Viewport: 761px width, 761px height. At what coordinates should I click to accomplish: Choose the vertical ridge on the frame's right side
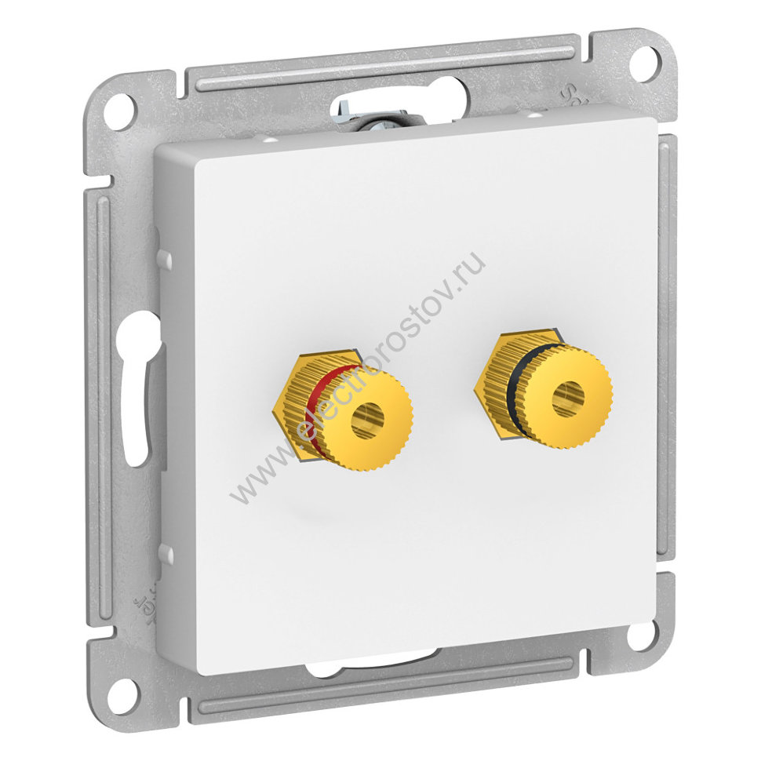click(665, 345)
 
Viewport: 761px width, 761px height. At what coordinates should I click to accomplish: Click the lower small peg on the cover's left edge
click(165, 553)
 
